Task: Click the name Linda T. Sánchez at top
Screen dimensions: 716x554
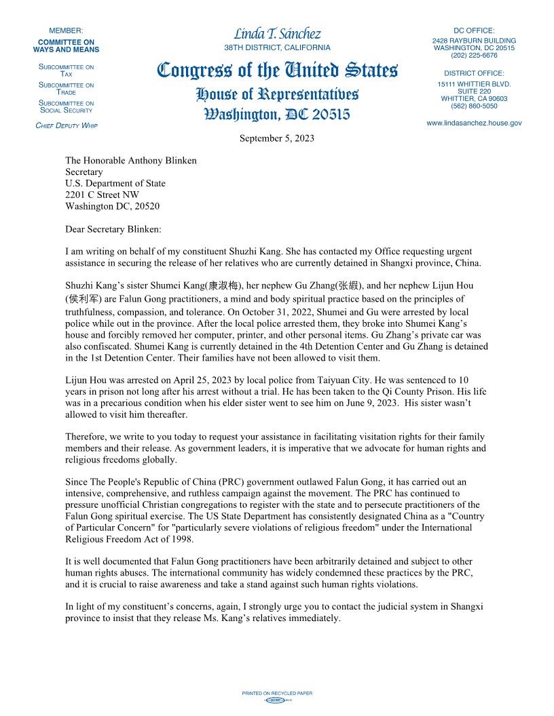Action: (x=277, y=34)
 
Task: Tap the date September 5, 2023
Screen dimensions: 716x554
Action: (x=276, y=138)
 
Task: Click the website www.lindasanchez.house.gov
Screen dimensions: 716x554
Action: (x=474, y=123)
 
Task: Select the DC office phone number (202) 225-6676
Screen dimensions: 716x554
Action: (x=474, y=56)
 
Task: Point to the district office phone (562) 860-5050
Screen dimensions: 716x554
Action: (x=474, y=106)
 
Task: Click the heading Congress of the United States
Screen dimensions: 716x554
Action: (x=277, y=70)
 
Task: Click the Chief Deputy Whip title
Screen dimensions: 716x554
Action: (x=66, y=126)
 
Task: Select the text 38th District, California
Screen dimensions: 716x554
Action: (x=277, y=48)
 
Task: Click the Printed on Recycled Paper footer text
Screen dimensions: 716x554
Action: (x=277, y=693)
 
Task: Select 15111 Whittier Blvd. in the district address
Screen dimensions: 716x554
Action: (x=474, y=83)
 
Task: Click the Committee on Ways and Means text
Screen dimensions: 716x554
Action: (x=66, y=45)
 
